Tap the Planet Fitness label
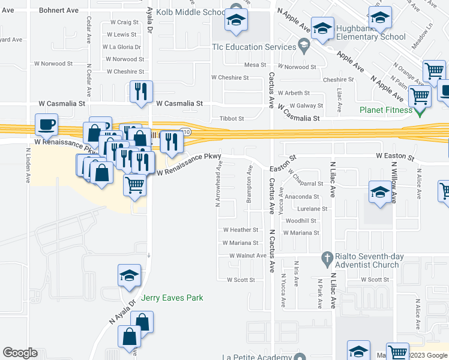pos(386,110)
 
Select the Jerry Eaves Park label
pos(172,298)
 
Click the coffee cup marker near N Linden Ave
pos(46,125)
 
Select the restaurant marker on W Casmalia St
pos(141,92)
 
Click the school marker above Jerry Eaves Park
pos(130,275)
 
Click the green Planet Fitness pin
pos(420,110)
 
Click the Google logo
pos(20,353)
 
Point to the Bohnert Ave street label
pos(58,11)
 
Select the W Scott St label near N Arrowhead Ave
pos(241,280)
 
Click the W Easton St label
pos(396,157)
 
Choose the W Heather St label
pos(240,230)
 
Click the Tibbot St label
pos(232,119)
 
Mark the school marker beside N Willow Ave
pos(379,192)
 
